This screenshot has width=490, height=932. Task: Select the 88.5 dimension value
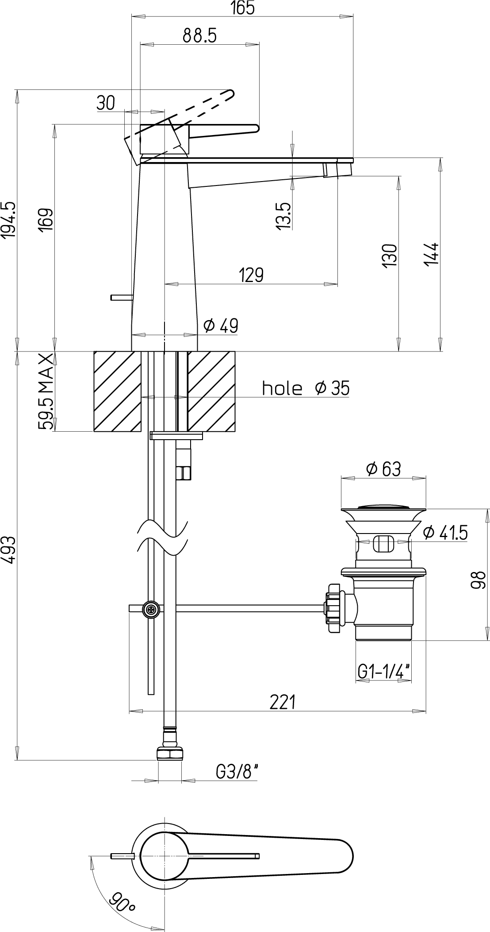pos(200,36)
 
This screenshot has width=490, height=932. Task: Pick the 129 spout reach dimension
pos(251,275)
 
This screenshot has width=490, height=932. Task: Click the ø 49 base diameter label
pos(221,326)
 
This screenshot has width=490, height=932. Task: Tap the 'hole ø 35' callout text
pos(306,388)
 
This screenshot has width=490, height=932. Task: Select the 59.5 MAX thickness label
pos(46,391)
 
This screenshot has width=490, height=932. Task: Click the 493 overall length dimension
pos(9,550)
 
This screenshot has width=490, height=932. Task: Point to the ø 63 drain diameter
pos(383,469)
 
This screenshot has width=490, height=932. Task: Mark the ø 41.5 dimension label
pos(445,533)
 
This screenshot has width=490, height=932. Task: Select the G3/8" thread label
pos(237,773)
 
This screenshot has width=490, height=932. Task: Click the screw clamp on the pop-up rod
pos(151,610)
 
